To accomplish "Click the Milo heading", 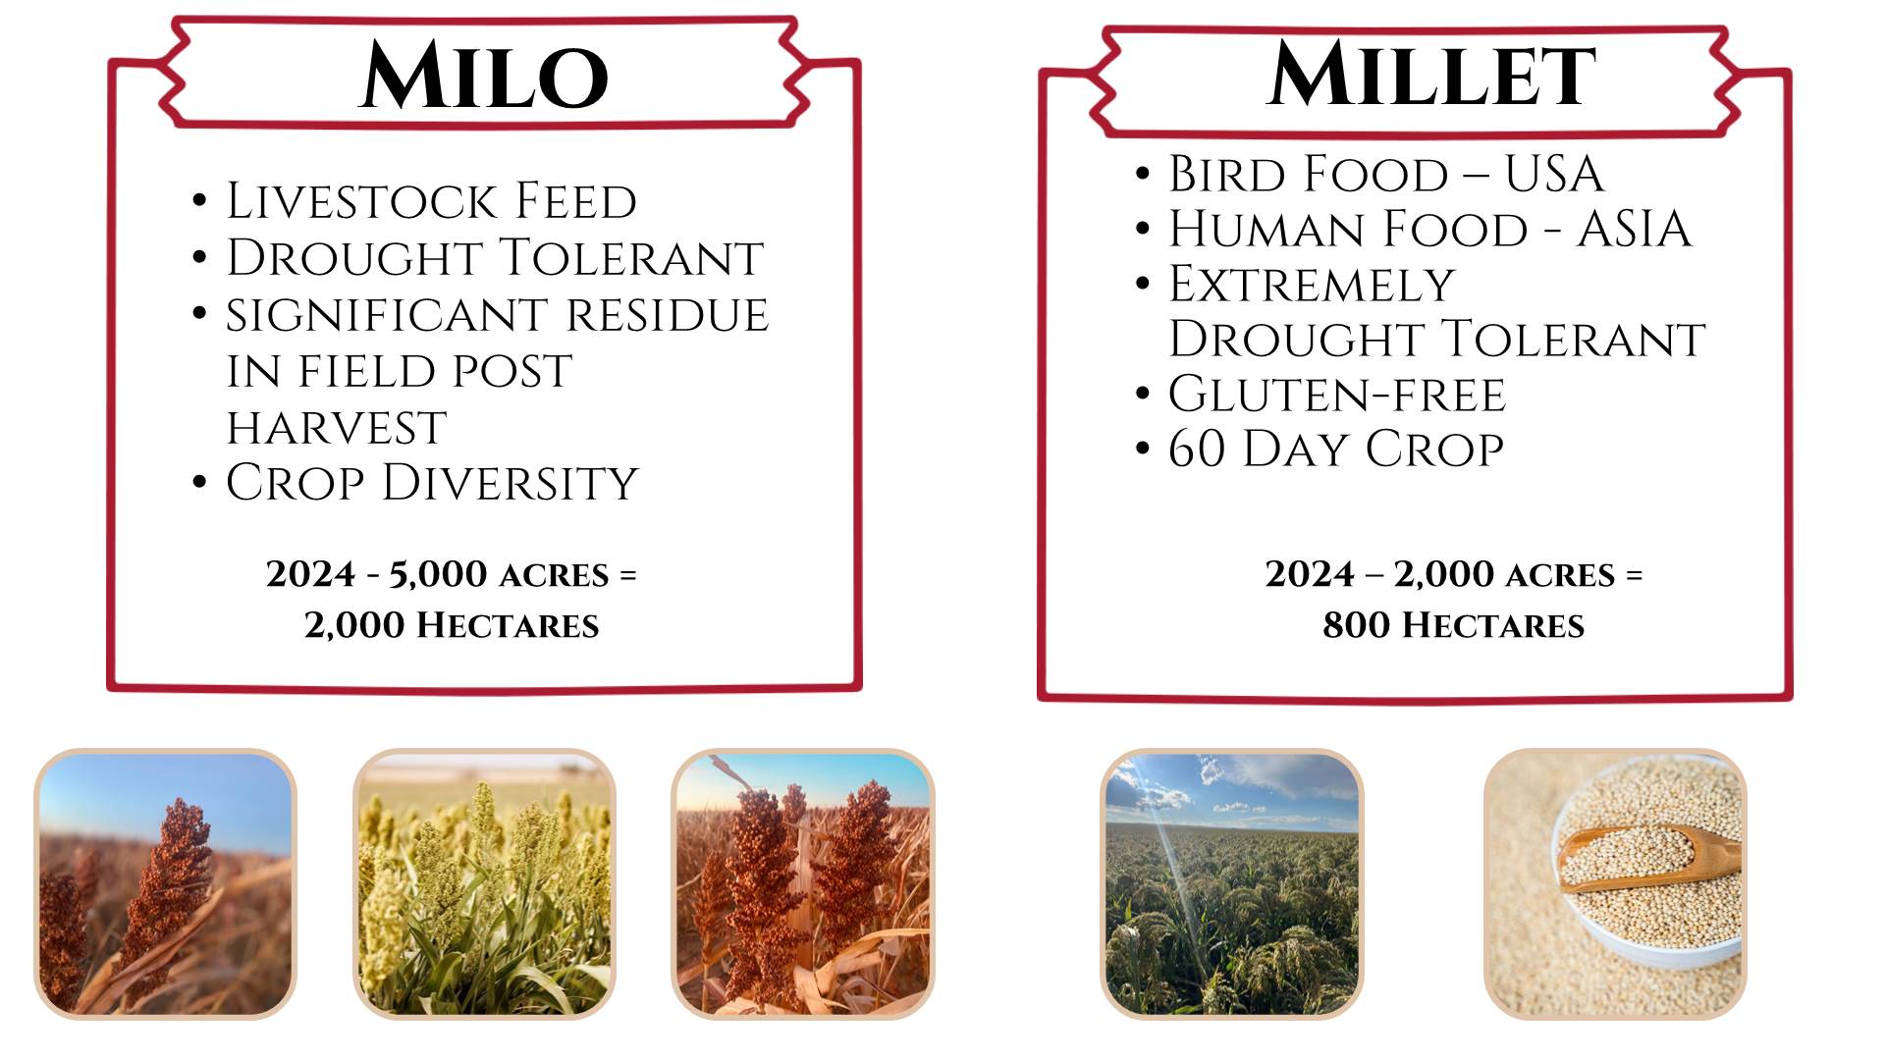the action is click(x=485, y=76).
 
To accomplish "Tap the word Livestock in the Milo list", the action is click(x=363, y=201).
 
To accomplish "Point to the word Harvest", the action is click(x=337, y=428).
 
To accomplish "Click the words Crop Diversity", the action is click(x=432, y=483).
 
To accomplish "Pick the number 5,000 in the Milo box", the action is click(x=438, y=574).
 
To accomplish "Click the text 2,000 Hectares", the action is click(x=452, y=625).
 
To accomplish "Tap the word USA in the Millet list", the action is click(x=1554, y=174).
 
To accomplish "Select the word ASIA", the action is click(x=1635, y=229).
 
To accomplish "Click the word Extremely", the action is click(x=1312, y=285).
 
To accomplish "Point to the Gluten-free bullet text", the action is click(x=1337, y=395).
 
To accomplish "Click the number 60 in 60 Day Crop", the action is click(x=1197, y=449).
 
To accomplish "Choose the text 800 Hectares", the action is click(x=1453, y=625).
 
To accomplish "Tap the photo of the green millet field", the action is click(x=1232, y=884).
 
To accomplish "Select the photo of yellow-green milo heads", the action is click(x=485, y=884).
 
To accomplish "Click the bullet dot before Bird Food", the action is click(x=1142, y=175).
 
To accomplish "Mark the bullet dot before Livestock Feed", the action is click(x=200, y=202).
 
